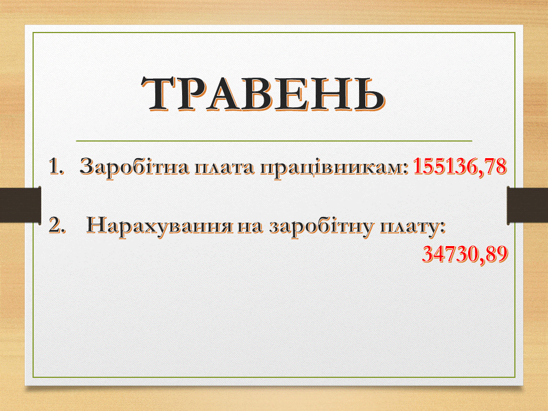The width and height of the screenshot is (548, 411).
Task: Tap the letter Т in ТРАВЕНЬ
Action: tap(161, 93)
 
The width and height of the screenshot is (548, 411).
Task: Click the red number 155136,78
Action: tap(460, 166)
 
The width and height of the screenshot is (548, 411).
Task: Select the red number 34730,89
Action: tap(465, 254)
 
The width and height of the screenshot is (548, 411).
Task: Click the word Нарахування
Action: tap(159, 225)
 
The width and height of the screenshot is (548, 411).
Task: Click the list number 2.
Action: tap(57, 225)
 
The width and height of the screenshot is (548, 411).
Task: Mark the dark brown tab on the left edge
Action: tap(21, 205)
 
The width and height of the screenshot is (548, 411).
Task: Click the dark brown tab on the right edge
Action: tap(527, 206)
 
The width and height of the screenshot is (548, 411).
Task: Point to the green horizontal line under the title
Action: tap(274, 141)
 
